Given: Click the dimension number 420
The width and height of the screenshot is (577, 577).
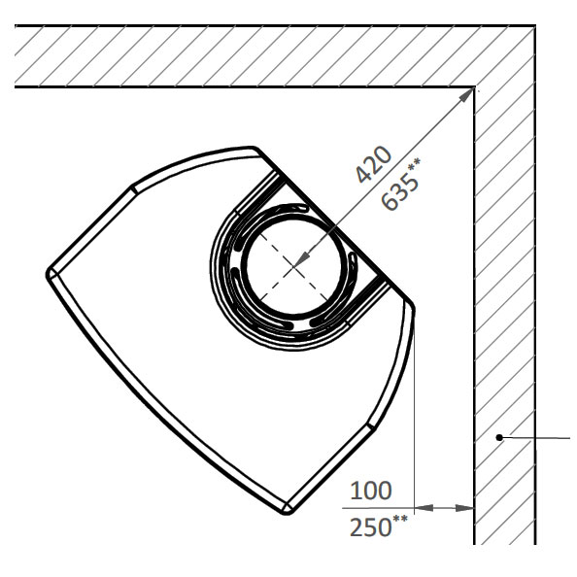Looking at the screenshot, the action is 373,164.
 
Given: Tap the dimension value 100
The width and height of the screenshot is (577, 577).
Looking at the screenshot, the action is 370,491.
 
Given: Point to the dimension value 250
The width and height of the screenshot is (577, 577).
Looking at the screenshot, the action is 370,526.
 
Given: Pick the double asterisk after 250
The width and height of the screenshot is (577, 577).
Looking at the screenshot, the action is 400,520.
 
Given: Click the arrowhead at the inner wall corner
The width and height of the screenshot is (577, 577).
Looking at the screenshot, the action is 466,95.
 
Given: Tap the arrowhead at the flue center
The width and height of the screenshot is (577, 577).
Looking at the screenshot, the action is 302,258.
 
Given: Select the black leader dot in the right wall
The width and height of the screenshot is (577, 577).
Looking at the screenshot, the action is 499,437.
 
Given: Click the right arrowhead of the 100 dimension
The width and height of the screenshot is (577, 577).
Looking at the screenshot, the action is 464,508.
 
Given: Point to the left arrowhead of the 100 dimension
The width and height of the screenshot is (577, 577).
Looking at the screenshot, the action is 424,508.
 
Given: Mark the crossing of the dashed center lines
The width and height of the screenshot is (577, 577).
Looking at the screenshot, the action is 293,267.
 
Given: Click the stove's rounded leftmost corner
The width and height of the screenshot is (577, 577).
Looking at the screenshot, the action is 50,274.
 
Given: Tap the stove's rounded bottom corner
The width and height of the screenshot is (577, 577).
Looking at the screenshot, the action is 288,510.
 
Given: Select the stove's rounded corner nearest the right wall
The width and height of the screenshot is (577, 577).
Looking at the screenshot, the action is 411,304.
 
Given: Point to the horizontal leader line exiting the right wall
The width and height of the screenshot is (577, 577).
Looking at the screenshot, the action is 535,438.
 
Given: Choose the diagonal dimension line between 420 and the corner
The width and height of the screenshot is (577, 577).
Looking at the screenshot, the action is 384,177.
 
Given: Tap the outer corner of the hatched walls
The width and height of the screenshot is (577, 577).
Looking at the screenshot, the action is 534,25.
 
